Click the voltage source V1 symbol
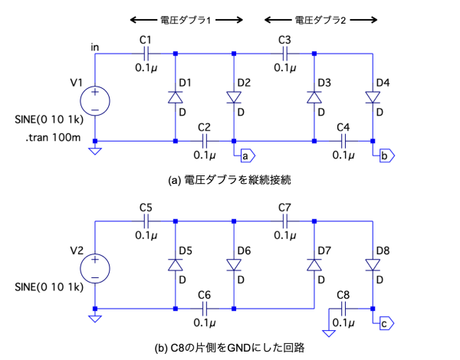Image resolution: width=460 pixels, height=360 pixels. [x=95, y=100]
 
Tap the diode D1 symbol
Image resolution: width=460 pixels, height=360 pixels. [x=176, y=97]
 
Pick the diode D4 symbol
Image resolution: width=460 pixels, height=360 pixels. [x=373, y=97]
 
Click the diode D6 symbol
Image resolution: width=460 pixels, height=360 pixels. [x=234, y=264]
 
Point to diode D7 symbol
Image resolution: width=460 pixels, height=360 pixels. [x=314, y=264]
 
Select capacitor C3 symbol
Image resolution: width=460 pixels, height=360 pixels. [x=284, y=53]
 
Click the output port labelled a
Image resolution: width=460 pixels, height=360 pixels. [x=247, y=155]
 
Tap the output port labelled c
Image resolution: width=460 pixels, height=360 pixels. [x=386, y=323]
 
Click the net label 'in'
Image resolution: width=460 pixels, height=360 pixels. [x=95, y=47]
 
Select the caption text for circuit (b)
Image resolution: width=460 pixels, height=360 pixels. [x=230, y=347]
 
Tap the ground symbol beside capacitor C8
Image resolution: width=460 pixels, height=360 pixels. [x=329, y=332]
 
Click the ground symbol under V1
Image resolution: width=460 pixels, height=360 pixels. [x=95, y=151]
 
